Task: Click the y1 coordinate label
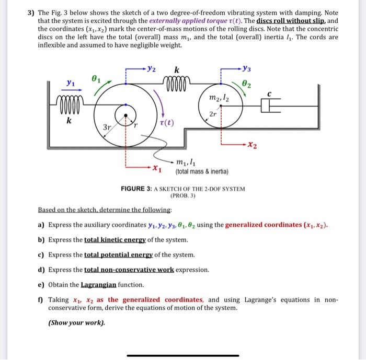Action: (x=70, y=83)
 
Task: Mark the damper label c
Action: (x=269, y=95)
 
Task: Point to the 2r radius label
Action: (x=213, y=114)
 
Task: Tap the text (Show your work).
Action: (x=76, y=322)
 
